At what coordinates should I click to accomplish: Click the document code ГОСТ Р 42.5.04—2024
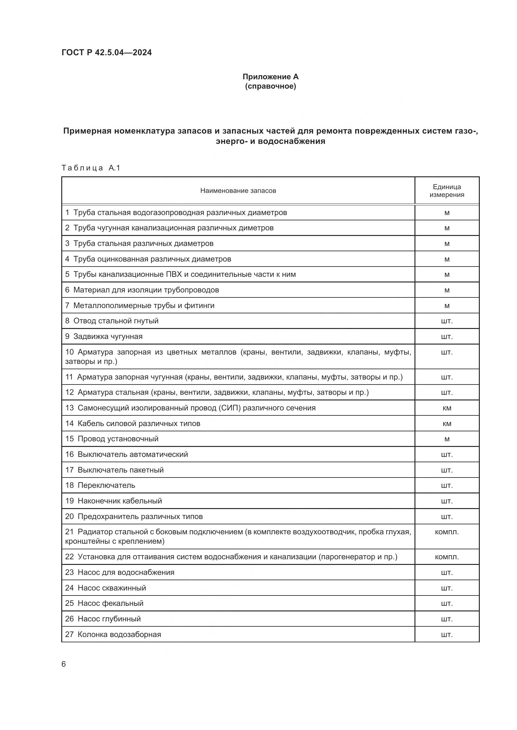pyautogui.click(x=107, y=52)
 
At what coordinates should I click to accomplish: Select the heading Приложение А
pyautogui.click(x=270, y=77)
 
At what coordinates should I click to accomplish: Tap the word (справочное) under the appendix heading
pyautogui.click(x=270, y=86)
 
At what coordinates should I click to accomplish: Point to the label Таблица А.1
pyautogui.click(x=91, y=168)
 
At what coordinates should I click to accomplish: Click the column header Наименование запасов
pyautogui.click(x=238, y=191)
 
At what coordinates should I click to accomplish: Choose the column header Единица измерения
pyautogui.click(x=447, y=191)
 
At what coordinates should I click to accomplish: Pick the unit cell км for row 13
pyautogui.click(x=447, y=408)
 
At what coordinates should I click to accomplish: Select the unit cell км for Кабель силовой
pyautogui.click(x=447, y=424)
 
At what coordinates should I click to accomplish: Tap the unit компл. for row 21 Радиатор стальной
pyautogui.click(x=447, y=532)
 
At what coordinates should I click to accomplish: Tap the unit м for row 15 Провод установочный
pyautogui.click(x=447, y=439)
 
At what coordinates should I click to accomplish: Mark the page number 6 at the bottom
pyautogui.click(x=64, y=664)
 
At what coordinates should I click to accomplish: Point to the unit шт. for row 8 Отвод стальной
pyautogui.click(x=447, y=321)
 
